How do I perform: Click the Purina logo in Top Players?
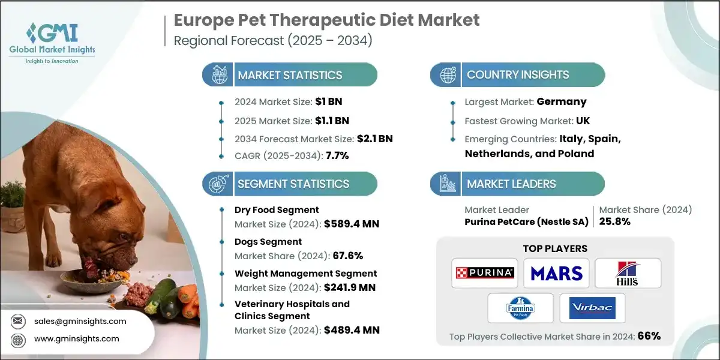pos(484,273)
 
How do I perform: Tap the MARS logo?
pos(556,273)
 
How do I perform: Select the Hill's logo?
pos(628,273)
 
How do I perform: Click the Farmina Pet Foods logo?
pos(520,308)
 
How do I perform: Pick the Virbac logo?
pos(592,308)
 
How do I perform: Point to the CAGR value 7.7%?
pos(337,155)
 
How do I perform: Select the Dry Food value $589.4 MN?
pos(351,224)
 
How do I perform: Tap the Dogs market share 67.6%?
pos(347,256)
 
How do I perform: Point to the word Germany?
pos(562,101)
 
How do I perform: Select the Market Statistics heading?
pos(290,75)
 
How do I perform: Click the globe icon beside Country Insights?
pos(447,75)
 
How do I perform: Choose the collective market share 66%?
pos(649,336)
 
